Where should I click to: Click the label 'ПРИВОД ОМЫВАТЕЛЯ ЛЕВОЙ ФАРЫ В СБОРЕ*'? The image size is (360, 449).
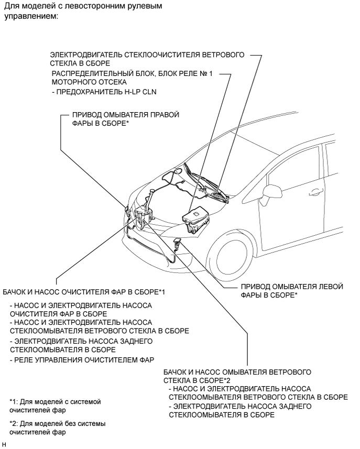[291, 291]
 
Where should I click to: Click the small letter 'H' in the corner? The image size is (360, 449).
[4, 444]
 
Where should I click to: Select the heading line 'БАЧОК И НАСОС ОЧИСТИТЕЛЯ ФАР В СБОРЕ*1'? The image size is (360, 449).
[84, 291]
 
